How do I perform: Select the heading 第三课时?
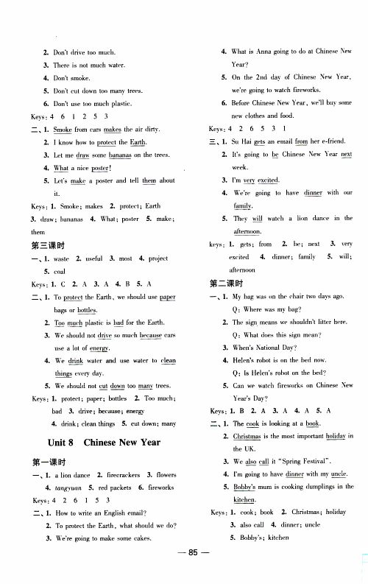[46, 245]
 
